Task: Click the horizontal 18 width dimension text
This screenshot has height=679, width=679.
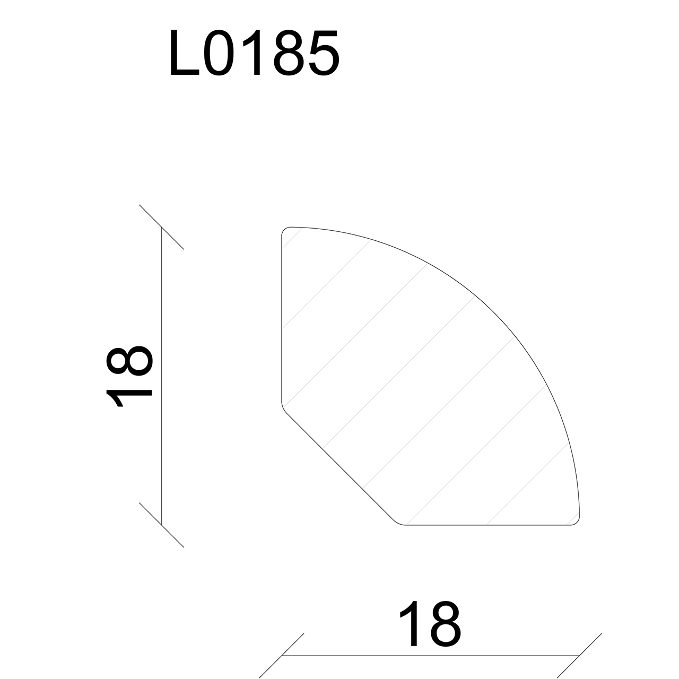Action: click(x=430, y=624)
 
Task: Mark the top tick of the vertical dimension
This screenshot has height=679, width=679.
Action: click(x=161, y=227)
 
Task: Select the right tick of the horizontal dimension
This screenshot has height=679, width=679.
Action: click(x=579, y=656)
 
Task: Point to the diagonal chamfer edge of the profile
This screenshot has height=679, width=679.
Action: click(x=339, y=467)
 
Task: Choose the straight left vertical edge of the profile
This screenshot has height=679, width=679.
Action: click(x=282, y=318)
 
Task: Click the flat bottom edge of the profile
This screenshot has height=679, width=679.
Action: click(x=488, y=525)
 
